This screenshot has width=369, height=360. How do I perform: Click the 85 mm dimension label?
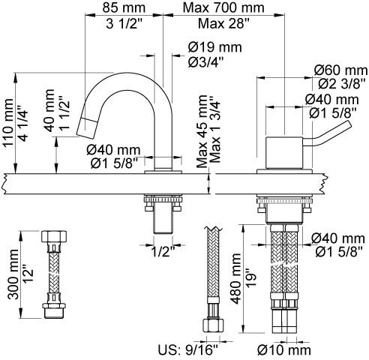[x=124, y=7]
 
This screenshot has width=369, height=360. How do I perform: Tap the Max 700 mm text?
[x=223, y=7]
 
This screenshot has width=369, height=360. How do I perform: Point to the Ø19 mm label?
[x=215, y=47]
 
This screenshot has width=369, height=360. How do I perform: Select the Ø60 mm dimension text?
[x=341, y=70]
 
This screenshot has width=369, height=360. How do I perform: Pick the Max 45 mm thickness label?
[x=202, y=131]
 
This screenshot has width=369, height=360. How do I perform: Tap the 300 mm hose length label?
[x=13, y=274]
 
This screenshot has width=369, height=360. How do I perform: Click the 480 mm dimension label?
[x=236, y=279]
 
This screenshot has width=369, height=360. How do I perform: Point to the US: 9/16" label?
[x=188, y=350]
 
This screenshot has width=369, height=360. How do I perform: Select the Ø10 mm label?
[x=284, y=350]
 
